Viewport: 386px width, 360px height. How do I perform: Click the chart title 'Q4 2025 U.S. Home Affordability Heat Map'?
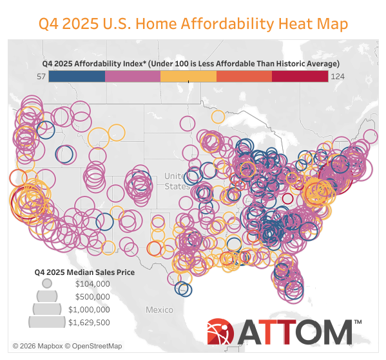coord(193,24)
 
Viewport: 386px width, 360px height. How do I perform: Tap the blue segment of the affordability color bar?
coord(77,76)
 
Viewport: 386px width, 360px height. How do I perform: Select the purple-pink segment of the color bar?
coord(133,76)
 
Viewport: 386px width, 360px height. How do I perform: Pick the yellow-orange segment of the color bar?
coord(188,76)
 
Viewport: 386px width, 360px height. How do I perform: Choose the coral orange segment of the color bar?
coord(244,76)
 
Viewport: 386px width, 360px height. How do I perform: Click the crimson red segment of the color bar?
coord(300,76)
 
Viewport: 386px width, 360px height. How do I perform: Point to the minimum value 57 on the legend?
coord(41,76)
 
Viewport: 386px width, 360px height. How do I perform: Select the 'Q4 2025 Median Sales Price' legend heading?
coord(84,272)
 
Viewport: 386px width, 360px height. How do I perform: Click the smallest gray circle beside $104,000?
coord(46,283)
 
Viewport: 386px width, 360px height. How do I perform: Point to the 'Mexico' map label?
coord(159,310)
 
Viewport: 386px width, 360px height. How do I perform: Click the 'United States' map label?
coord(174,181)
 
